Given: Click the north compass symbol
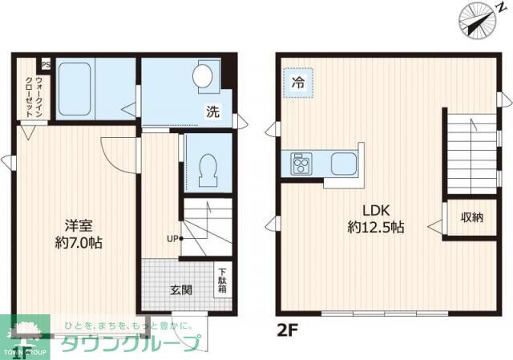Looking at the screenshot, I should (477, 18).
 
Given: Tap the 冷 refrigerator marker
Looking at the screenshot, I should (298, 82).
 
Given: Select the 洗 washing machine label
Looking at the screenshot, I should (212, 112).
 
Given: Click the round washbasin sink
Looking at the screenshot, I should (204, 76).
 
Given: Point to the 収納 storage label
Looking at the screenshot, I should (471, 217).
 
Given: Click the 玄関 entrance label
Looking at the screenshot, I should (180, 289).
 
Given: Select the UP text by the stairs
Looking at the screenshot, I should (172, 238).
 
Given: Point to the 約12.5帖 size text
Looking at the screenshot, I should (375, 228).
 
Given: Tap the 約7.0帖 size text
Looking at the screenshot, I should (79, 242).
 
